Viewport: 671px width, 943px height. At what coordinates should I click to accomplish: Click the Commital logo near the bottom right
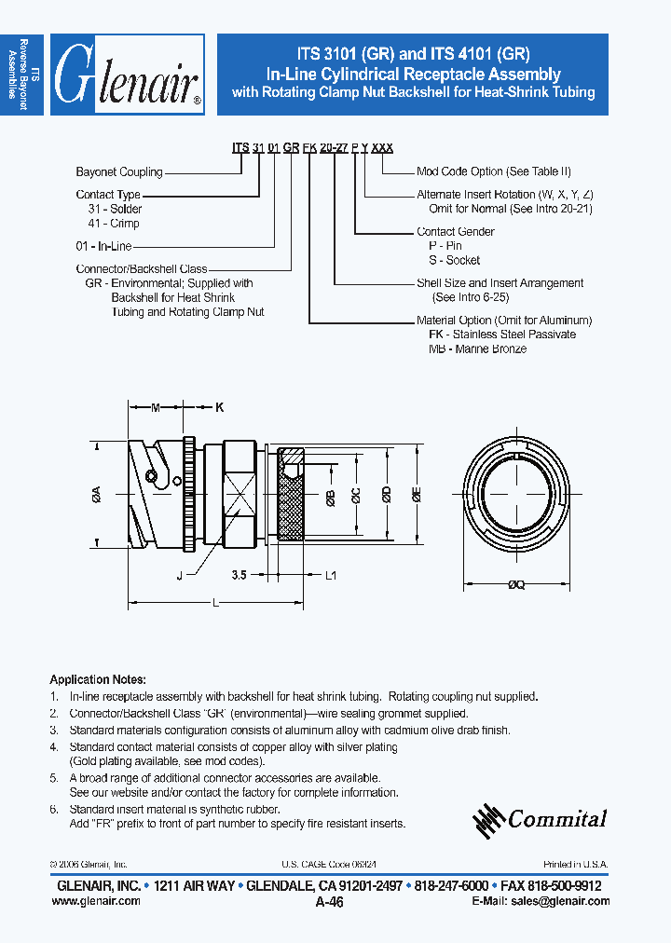(540, 819)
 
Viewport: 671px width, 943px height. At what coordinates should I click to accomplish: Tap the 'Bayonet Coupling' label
(118, 172)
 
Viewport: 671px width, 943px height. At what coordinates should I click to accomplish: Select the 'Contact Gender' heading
(455, 232)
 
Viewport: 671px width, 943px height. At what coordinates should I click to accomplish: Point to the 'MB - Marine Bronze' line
(477, 348)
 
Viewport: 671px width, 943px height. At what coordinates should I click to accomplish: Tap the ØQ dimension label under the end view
(517, 586)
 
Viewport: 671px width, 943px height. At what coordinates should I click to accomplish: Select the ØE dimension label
(416, 496)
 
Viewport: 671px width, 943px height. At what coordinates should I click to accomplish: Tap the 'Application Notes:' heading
(97, 680)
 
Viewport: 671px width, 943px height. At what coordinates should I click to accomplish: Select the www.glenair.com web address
(100, 901)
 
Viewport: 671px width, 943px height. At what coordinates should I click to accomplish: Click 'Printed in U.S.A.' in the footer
(576, 865)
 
